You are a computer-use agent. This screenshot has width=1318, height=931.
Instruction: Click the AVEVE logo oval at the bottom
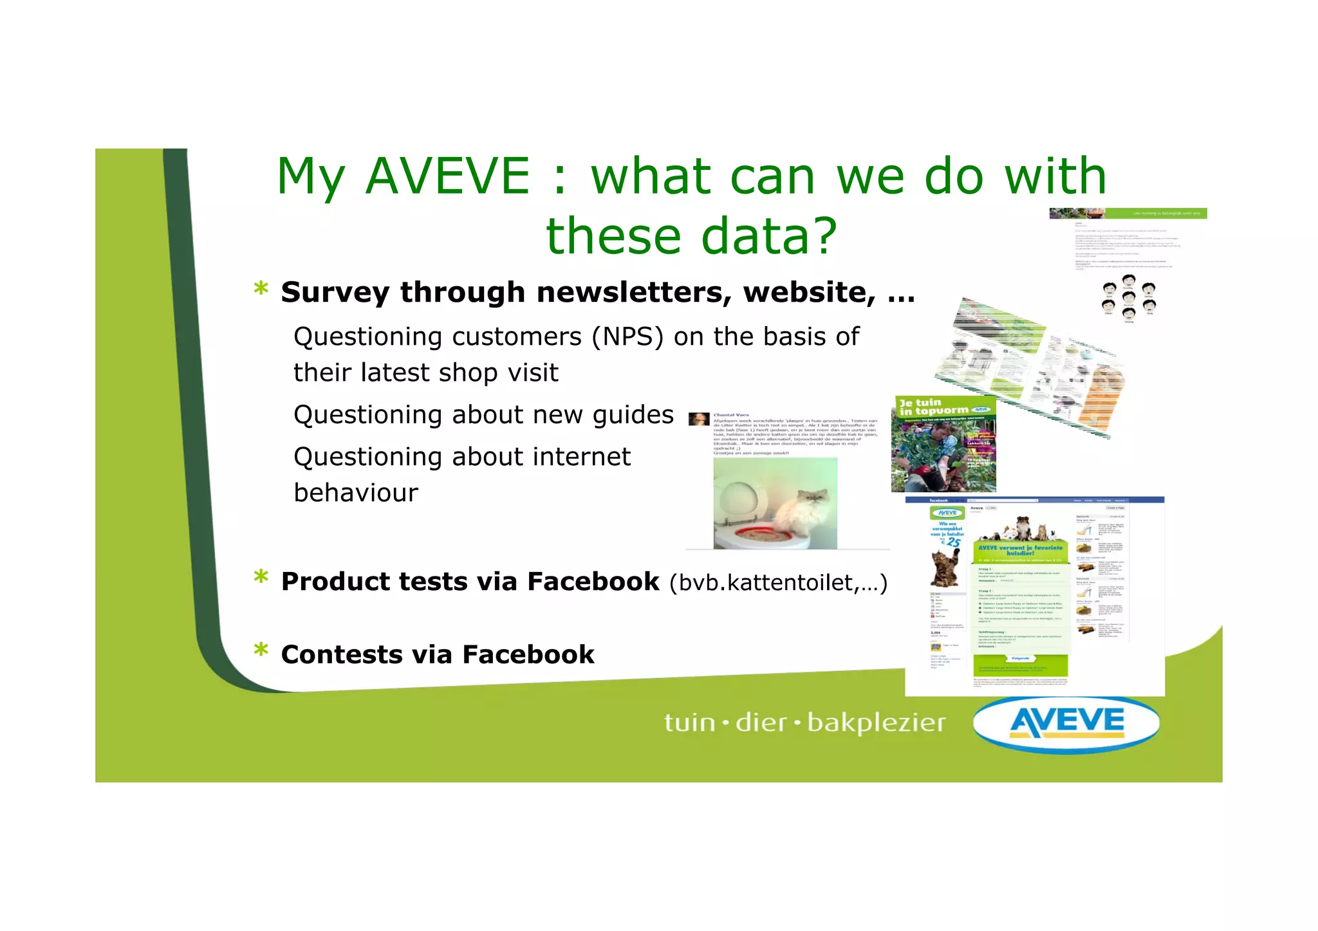tap(1066, 723)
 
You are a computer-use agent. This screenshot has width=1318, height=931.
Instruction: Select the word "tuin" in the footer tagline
tap(689, 723)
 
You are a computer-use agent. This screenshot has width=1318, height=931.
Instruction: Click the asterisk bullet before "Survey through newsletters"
tap(261, 290)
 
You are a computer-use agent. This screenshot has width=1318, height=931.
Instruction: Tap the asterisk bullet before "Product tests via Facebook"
tap(261, 578)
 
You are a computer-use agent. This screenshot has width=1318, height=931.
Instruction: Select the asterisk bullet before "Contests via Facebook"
tap(261, 651)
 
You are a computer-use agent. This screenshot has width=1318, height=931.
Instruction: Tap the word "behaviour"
tap(356, 493)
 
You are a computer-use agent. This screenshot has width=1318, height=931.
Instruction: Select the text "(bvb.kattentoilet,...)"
tap(778, 582)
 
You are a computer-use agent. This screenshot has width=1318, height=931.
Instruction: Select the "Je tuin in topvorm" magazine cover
tap(943, 444)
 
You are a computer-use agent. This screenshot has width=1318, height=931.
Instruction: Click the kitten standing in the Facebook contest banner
tap(946, 566)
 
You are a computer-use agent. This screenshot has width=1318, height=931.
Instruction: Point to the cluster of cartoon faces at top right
tap(1128, 297)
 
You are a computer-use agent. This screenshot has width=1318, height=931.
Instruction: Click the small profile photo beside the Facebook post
tap(699, 419)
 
